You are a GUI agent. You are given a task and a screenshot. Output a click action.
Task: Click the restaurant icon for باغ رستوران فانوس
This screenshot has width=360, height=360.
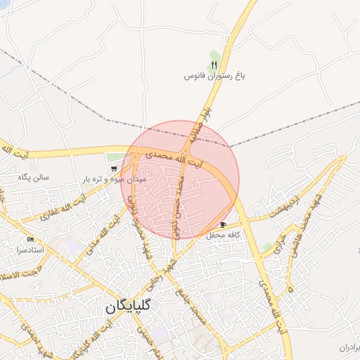point(214,63)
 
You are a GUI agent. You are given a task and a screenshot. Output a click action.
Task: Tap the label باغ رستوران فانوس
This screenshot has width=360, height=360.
point(214,75)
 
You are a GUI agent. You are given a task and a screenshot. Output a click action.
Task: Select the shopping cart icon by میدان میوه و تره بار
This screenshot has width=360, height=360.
point(114,169)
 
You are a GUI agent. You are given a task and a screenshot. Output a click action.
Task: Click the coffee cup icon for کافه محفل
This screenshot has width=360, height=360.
point(224,224)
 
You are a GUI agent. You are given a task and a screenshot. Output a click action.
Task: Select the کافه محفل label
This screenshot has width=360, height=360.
point(224,235)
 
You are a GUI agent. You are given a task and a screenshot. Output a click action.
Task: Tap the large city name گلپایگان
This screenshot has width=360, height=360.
point(131,307)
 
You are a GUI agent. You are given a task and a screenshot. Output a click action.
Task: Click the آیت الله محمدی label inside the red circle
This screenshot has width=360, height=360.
point(173,157)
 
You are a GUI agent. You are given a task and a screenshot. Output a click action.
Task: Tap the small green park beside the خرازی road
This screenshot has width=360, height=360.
point(267,247)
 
